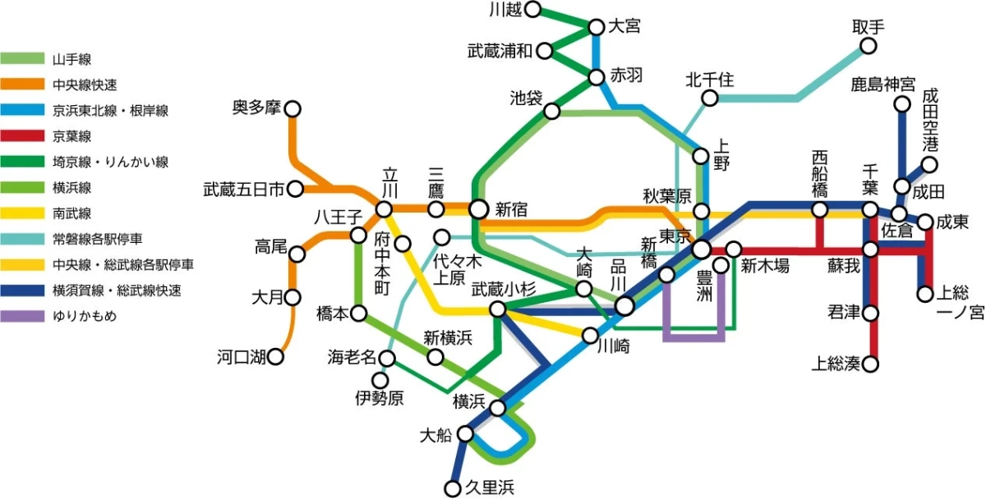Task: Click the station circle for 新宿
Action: [478, 209]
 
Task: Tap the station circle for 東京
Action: [701, 248]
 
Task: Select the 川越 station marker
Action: [533, 10]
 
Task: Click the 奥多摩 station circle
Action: [292, 108]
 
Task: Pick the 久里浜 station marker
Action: [453, 489]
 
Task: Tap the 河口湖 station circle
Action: [276, 356]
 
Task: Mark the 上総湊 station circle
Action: [871, 363]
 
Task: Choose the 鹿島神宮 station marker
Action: [902, 104]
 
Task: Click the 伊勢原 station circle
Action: [380, 380]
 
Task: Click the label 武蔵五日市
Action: [244, 190]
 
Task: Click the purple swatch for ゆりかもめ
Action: [23, 315]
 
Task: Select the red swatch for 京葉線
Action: [23, 136]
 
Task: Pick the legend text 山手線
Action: [71, 60]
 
